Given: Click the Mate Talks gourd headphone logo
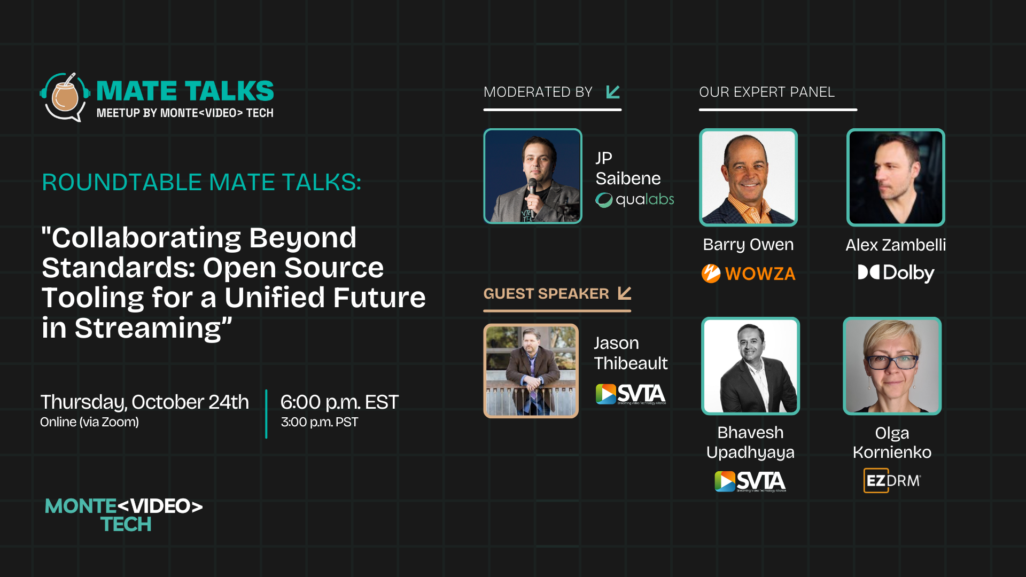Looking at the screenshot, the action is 65,97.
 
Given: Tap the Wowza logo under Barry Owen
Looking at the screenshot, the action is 748,274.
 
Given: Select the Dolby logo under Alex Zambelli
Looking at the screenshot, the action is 896,273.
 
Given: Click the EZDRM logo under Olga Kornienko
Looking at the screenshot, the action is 892,480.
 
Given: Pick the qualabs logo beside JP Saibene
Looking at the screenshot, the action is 635,200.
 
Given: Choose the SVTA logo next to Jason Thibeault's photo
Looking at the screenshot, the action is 631,394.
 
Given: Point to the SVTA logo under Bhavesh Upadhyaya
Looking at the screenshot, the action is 750,481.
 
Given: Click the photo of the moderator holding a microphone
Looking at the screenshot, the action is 533,176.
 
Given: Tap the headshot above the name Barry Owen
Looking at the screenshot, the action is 748,177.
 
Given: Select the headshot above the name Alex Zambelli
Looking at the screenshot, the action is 896,177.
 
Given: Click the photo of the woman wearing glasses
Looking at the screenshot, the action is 892,366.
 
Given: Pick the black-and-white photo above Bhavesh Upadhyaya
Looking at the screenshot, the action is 750,366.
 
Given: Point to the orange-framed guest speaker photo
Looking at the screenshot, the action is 531,371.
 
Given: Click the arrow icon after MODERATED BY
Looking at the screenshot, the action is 613,92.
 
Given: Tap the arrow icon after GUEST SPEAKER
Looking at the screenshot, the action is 625,293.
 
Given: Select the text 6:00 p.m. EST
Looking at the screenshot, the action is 339,402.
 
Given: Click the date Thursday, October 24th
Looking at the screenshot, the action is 145,402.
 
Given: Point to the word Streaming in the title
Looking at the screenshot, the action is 147,328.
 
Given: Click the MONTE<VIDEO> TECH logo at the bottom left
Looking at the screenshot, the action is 124,514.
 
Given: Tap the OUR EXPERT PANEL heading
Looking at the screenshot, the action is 767,92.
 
